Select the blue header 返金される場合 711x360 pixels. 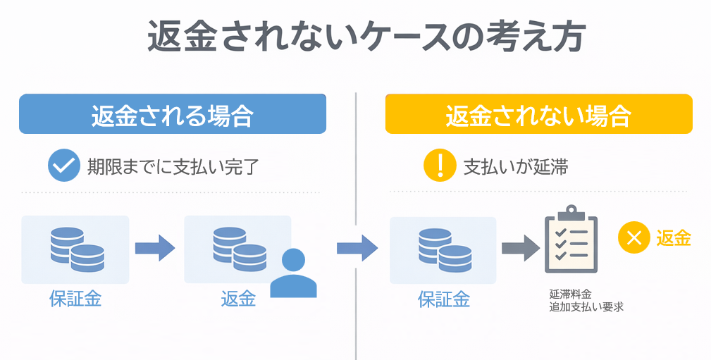pyautogui.click(x=172, y=115)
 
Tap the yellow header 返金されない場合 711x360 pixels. pyautogui.click(x=538, y=115)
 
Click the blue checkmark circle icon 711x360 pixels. pyautogui.click(x=64, y=166)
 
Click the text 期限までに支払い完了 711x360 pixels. pyautogui.click(x=173, y=167)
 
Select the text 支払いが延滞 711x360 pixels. pyautogui.click(x=516, y=167)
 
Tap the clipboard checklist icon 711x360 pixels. pyautogui.click(x=571, y=240)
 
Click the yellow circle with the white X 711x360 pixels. pyautogui.click(x=633, y=237)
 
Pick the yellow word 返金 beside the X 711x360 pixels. pyautogui.click(x=674, y=238)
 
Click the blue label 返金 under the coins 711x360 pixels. pyautogui.click(x=238, y=299)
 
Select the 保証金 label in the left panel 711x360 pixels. pyautogui.click(x=75, y=299)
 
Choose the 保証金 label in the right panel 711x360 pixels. pyautogui.click(x=444, y=299)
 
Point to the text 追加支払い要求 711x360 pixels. pyautogui.click(x=586, y=307)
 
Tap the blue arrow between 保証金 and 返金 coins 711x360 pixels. pyautogui.click(x=155, y=247)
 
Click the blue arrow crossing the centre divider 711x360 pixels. pyautogui.click(x=357, y=247)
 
